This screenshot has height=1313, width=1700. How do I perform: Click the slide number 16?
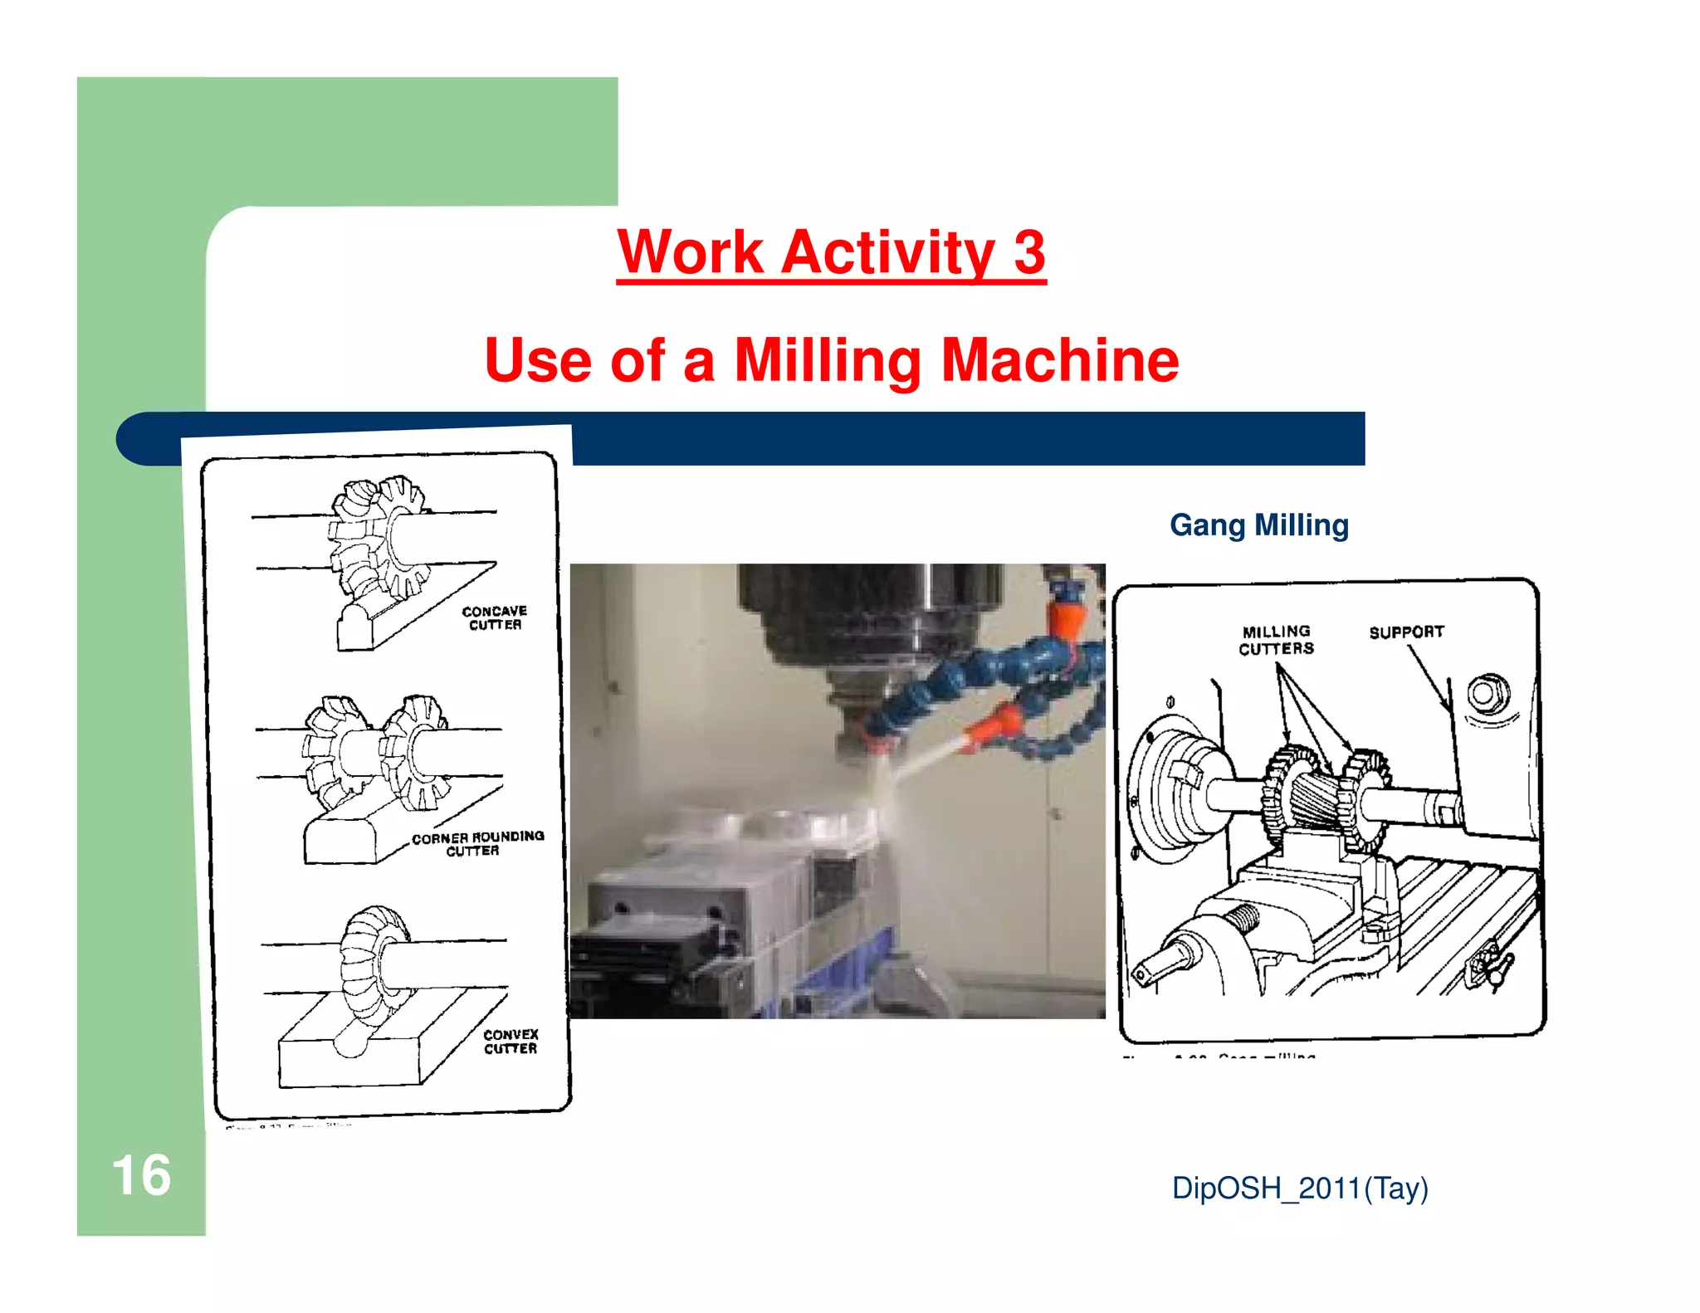tap(141, 1175)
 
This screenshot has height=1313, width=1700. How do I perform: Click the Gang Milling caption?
tap(1258, 525)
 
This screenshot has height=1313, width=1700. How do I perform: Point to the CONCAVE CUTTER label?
tap(495, 617)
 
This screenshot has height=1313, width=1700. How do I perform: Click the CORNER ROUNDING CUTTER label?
tap(477, 843)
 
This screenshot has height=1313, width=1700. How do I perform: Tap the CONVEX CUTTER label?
tap(510, 1041)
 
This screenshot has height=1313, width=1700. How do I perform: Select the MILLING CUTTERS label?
tap(1276, 640)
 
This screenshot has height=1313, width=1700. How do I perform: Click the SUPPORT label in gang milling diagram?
tap(1406, 632)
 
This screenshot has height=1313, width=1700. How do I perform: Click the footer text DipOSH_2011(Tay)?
tap(1300, 1188)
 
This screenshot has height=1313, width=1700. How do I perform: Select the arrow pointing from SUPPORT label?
tap(1428, 676)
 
